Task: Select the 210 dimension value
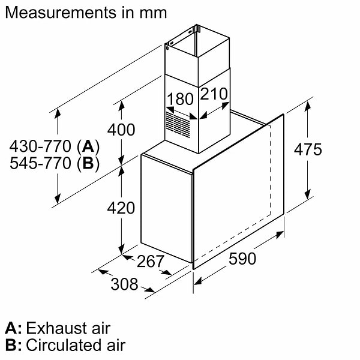coord(214,95)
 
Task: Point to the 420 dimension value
coord(121,208)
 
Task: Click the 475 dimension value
coord(307,149)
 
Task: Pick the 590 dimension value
coord(242,259)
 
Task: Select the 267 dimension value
coord(150,262)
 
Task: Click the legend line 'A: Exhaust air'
coord(58,328)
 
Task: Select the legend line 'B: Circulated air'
coord(65,346)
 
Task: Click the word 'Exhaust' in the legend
coord(55,328)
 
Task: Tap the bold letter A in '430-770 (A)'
coord(88,146)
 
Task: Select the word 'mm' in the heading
coord(152,12)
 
